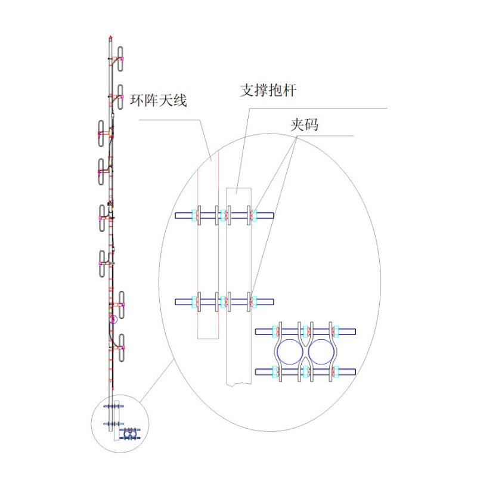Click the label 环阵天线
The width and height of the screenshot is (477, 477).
point(159,100)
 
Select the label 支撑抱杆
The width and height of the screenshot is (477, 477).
point(268,91)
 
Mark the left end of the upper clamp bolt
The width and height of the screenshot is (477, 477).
point(177,215)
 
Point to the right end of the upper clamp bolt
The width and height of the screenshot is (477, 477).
point(272,215)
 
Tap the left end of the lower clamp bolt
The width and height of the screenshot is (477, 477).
point(177,302)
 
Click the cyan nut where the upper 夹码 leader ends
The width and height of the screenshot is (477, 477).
point(253,215)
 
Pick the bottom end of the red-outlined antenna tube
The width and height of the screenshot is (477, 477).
point(208,338)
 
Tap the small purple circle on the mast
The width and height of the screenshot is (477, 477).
point(111,320)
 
